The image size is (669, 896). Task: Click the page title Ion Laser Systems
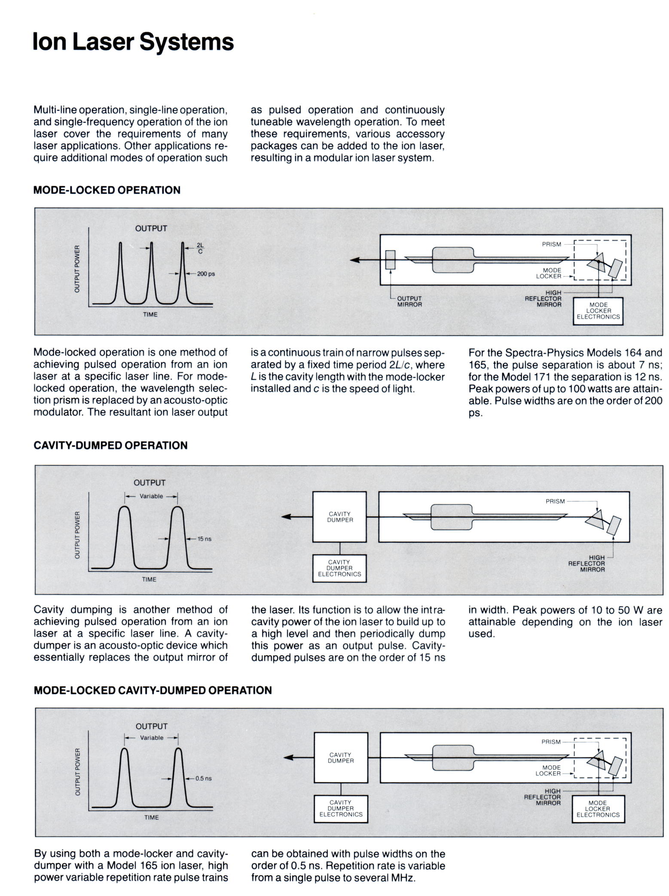coord(133,42)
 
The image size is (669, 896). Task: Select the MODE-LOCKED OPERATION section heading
coord(107,190)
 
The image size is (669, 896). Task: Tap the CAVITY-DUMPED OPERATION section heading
coord(110,445)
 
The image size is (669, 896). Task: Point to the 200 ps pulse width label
coord(206,274)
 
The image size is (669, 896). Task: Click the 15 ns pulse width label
coord(204,538)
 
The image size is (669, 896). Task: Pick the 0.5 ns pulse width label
coord(203,778)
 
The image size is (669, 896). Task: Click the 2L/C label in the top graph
coord(200,248)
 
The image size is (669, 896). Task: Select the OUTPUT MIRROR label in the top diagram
coord(409,301)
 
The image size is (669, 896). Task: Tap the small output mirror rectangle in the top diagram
coord(390,260)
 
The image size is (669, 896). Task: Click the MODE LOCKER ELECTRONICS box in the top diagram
coord(598,311)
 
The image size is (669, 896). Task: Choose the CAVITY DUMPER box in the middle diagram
coord(339,517)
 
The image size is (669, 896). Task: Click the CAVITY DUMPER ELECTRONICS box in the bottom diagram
coord(341,808)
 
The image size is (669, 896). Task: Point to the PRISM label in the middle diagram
coord(555,501)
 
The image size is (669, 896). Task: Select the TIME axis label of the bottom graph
coord(151,817)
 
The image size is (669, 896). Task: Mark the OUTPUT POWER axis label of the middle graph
coord(77,535)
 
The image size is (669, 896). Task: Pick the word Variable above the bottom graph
coord(152,738)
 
